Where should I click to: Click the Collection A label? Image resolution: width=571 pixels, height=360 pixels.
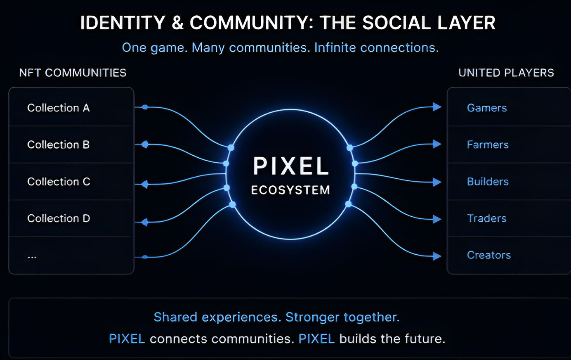[x=58, y=108]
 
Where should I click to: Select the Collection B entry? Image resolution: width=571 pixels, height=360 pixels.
[x=58, y=144]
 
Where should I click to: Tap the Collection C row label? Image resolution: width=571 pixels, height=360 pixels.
[x=59, y=182]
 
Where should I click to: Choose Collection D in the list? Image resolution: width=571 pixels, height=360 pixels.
[x=59, y=218]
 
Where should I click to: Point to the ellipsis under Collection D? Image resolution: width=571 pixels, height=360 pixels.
[x=32, y=257]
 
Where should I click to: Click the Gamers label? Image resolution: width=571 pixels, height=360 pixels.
[x=487, y=108]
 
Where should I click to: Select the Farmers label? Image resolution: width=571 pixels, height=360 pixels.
[x=488, y=144]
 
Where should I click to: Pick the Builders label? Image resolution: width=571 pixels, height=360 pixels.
[x=488, y=182]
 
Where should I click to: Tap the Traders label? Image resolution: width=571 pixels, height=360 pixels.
[x=486, y=218]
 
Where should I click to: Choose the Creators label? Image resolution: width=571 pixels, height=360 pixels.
[x=489, y=255]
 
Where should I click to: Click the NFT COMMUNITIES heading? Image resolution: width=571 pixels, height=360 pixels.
[x=73, y=73]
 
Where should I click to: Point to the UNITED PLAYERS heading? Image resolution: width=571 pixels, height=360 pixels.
[x=506, y=73]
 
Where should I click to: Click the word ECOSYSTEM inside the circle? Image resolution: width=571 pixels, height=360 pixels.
[x=290, y=190]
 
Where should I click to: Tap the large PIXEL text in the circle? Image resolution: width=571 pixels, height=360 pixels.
[x=290, y=166]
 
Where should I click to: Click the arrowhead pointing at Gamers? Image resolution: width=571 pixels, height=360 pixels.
[x=437, y=107]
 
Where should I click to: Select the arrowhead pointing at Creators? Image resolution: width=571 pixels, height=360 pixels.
[x=437, y=256]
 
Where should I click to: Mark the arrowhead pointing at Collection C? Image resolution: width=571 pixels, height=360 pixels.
[x=144, y=184]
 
